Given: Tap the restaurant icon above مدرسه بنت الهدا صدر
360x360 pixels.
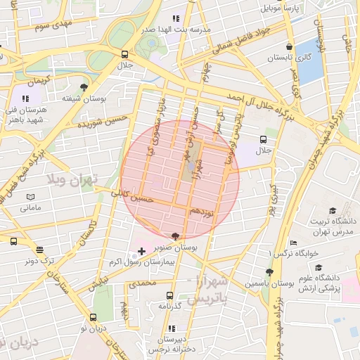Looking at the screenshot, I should pos(176,18).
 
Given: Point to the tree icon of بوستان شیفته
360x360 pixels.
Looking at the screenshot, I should pos(84,88).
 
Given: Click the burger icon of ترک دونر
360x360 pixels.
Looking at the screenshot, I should pos(39,250).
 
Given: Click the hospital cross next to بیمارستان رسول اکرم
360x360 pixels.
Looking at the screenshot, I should pos(142,251).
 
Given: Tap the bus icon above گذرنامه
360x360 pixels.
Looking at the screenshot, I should pos(169,295).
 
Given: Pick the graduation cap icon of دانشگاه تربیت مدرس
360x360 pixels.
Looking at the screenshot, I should pos(332,210).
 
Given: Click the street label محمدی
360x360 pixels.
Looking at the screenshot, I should pos(143,283).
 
